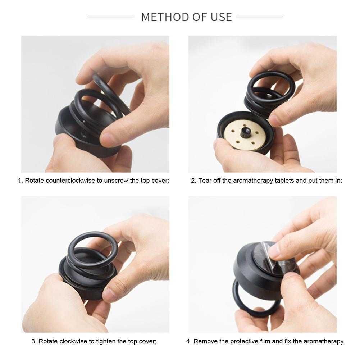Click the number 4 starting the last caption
pos(188,341)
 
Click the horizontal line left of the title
pos(111,17)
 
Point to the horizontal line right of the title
pos(259,17)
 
